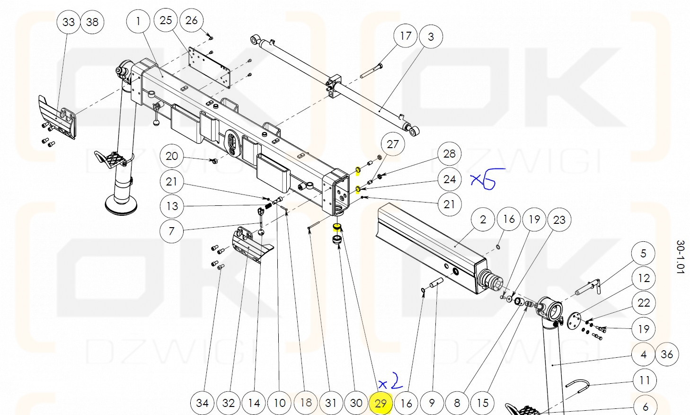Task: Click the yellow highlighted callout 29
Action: pos(381,403)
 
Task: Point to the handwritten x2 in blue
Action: pos(390,382)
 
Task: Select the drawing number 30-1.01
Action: pos(680,256)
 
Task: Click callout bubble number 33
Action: pos(69,22)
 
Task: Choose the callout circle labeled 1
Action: pos(138,21)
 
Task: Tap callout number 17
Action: pos(406,36)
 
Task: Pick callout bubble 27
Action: pos(393,144)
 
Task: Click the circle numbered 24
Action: pos(449,179)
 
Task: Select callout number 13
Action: pos(172,206)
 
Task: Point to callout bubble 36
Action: pos(667,354)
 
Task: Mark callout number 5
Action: pos(643,253)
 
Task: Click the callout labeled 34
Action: pos(202,403)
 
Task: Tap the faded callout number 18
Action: pos(306,403)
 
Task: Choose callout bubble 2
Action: pos(483,220)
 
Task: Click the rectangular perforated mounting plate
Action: pos(209,66)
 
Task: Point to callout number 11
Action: pos(644,380)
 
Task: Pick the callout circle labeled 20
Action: pos(172,156)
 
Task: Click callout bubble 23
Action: pos(559,220)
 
